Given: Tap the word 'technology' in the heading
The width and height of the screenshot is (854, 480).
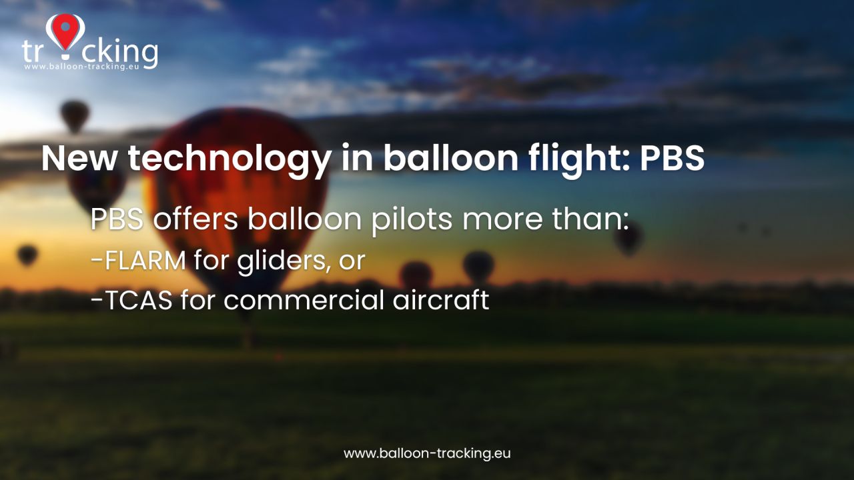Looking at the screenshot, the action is click(229, 159).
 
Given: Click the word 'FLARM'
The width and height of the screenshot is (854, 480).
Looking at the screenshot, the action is click(145, 260).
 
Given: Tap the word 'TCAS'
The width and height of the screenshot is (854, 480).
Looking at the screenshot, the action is click(138, 299).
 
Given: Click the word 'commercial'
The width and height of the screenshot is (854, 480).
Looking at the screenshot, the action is click(304, 299).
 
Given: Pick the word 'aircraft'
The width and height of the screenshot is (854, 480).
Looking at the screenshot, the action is click(441, 299).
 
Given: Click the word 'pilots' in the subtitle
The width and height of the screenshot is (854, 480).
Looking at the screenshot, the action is click(412, 220).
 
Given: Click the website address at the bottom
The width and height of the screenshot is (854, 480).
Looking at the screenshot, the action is click(427, 453).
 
